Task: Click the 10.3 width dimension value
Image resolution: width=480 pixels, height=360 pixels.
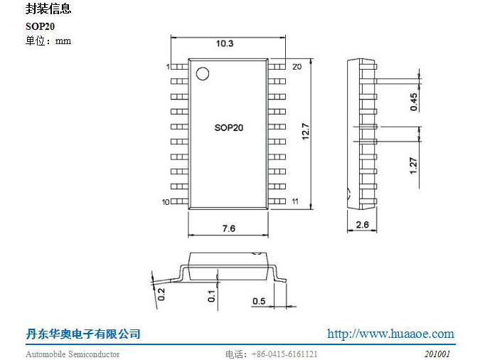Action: (225, 44)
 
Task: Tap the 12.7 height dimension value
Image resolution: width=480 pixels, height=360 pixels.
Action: (305, 132)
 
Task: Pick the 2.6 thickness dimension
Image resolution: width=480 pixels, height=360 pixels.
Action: (361, 226)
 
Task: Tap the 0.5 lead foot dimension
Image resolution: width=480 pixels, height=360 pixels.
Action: (259, 301)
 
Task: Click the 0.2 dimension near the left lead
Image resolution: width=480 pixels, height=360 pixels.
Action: (161, 293)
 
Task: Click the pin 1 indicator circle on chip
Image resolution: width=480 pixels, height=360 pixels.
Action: (203, 73)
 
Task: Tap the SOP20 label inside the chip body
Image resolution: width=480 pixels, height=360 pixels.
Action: (228, 128)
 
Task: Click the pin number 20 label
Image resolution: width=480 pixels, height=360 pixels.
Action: (297, 66)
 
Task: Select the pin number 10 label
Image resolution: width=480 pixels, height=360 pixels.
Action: (165, 203)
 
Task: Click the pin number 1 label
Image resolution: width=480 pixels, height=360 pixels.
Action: (167, 67)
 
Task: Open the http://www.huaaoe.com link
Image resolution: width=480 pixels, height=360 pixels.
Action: (390, 334)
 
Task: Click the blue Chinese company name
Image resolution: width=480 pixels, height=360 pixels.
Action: (83, 334)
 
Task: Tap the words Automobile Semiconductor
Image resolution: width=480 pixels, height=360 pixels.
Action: (73, 354)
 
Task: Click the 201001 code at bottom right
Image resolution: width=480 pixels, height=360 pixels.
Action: (437, 354)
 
